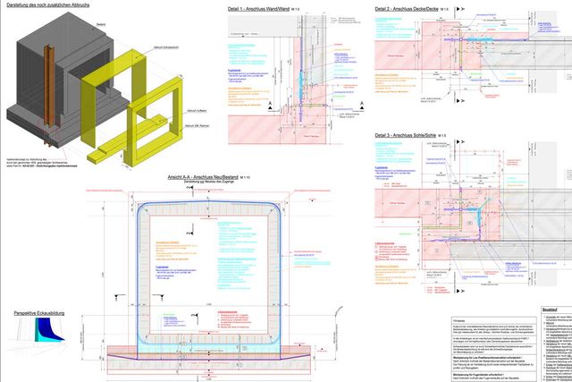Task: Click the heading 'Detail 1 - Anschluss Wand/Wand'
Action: tap(261, 9)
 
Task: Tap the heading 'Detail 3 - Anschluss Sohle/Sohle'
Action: tap(408, 134)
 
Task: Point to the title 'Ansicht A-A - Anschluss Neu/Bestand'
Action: tap(207, 177)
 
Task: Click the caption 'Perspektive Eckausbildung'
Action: tap(39, 313)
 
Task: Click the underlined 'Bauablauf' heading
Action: tap(550, 309)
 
